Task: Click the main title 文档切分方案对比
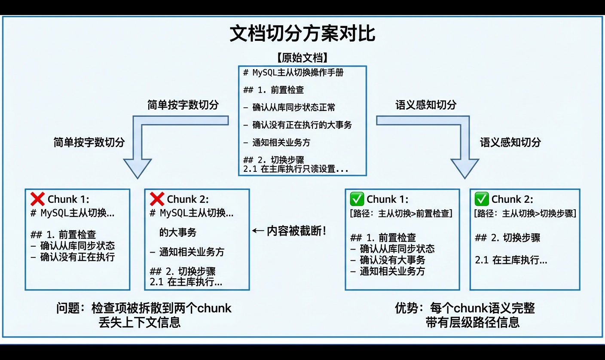pyautogui.click(x=302, y=34)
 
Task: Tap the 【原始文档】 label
pyautogui.click(x=302, y=58)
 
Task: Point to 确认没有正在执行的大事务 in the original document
pyautogui.click(x=302, y=125)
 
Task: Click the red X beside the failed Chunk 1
pyautogui.click(x=38, y=199)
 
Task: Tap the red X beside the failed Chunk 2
pyautogui.click(x=157, y=199)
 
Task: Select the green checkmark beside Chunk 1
pyautogui.click(x=357, y=199)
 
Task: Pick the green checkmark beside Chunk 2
pyautogui.click(x=481, y=199)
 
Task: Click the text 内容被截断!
pyautogui.click(x=296, y=231)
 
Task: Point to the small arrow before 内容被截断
pyautogui.click(x=258, y=231)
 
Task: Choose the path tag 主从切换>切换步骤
pyautogui.click(x=525, y=214)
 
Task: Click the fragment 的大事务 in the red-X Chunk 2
pyautogui.click(x=177, y=232)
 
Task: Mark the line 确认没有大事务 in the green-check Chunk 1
pyautogui.click(x=392, y=260)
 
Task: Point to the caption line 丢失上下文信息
pyautogui.click(x=140, y=322)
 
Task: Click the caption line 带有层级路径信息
pyautogui.click(x=473, y=322)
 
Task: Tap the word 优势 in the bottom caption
pyautogui.click(x=406, y=308)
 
